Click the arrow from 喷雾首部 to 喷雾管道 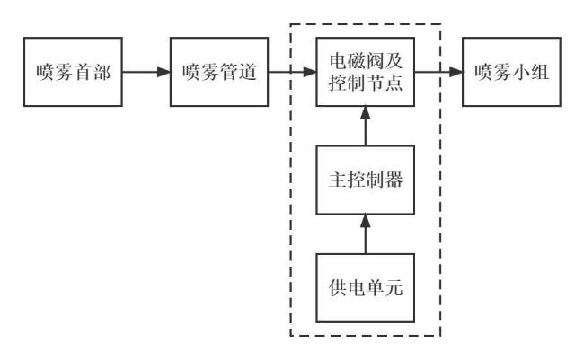pos(146,72)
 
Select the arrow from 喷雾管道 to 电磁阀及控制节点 pos(292,72)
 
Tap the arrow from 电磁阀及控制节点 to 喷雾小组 pos(438,72)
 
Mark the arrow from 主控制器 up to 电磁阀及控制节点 pos(366,126)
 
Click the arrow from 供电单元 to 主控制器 pos(366,234)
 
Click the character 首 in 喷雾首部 pos(83,72)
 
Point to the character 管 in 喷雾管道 pos(229,72)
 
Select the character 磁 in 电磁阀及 pos(356,61)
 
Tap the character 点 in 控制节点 pos(394,83)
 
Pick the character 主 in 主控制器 pos(338,180)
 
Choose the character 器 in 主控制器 pos(394,180)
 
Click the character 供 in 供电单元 pos(338,288)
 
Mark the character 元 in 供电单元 pos(394,288)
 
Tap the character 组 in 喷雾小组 pos(540,72)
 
